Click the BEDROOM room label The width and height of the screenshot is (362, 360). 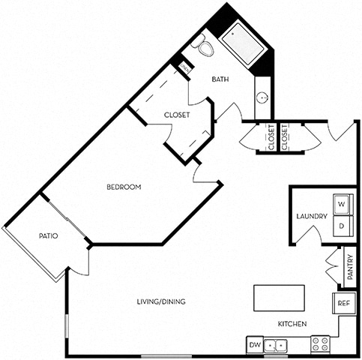(124, 187)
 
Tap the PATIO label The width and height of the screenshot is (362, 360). (49, 236)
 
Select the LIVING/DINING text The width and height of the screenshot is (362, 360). (161, 301)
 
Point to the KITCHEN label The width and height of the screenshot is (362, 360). (292, 324)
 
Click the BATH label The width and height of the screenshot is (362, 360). (220, 79)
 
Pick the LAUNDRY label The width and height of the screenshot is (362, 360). (311, 217)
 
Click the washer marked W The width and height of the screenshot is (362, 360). (342, 204)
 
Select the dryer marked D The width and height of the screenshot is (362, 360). (342, 225)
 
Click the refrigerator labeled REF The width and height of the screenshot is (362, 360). (343, 304)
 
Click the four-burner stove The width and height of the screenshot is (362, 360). (321, 345)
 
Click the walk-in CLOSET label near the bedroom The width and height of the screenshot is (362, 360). (177, 115)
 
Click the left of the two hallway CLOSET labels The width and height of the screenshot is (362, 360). (270, 137)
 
